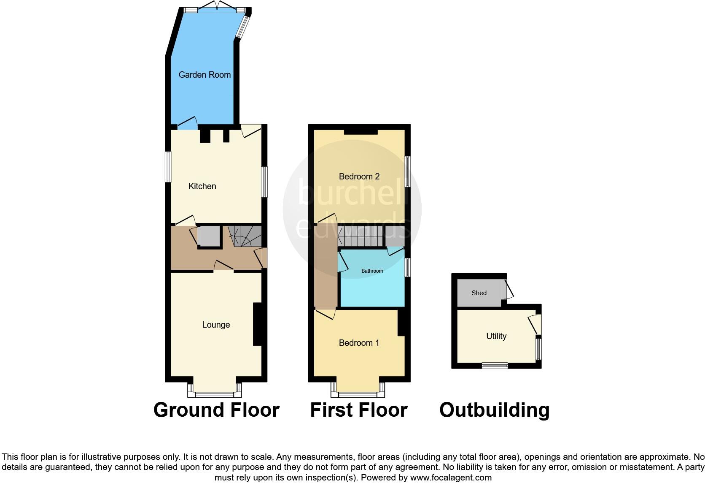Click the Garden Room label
pos(205,75)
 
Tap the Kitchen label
pos(202,186)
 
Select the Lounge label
pos(216,325)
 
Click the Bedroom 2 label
pos(359,176)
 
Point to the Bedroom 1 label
pos(359,343)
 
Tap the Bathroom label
pos(372,271)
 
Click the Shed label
pos(479,293)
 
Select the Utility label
pos(496,336)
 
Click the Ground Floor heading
pos(216,410)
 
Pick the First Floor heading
pos(358,410)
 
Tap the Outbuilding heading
pos(494,410)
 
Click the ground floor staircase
pos(245,236)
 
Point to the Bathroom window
pos(407,267)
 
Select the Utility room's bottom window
pos(495,366)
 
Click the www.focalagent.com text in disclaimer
pos(451,478)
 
